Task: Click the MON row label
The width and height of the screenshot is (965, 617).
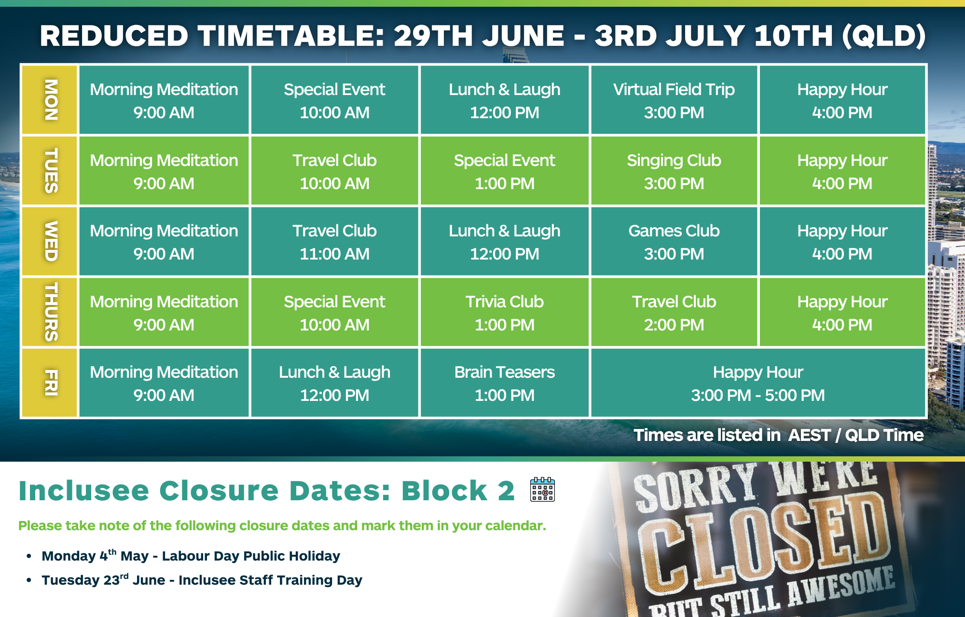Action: [x=50, y=100]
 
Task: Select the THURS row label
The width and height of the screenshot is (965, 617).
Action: [x=50, y=312]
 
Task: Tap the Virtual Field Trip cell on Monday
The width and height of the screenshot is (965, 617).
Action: [x=674, y=100]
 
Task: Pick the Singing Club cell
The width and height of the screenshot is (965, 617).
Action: [x=674, y=171]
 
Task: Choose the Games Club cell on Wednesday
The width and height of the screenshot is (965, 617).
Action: [x=674, y=241]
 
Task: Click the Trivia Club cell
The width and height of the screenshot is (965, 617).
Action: [x=504, y=312]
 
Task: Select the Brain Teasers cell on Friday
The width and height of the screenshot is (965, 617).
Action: [x=504, y=383]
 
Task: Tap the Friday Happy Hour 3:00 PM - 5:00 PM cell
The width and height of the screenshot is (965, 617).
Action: [x=758, y=383]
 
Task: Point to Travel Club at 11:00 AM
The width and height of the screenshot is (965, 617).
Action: [x=334, y=241]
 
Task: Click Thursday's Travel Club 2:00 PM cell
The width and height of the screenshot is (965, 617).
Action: [x=674, y=312]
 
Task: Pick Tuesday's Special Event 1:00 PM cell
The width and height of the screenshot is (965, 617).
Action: [x=504, y=171]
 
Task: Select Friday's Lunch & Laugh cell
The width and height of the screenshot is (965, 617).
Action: [x=334, y=383]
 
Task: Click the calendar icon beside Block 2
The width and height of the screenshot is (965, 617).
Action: [x=542, y=489]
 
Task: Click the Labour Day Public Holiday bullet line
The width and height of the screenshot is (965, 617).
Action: [x=191, y=556]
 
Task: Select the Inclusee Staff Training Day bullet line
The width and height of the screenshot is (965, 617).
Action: [x=202, y=580]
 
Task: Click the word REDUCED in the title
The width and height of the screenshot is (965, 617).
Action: [x=114, y=36]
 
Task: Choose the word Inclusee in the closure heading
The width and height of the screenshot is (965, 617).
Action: [x=84, y=491]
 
